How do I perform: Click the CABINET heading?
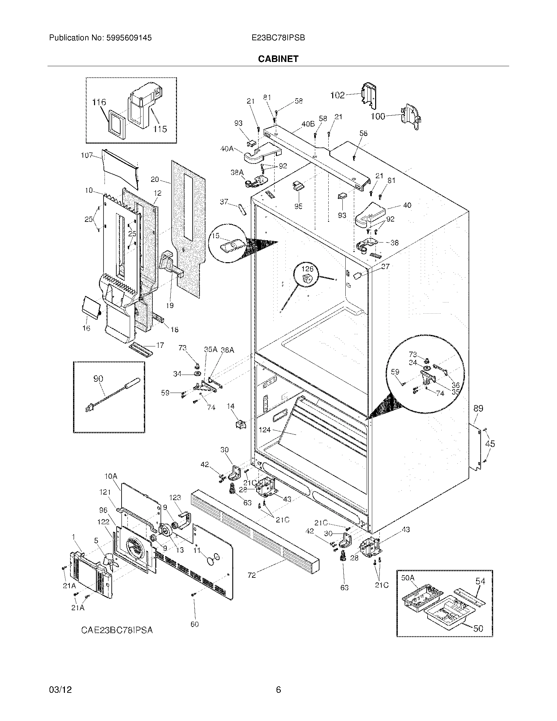278,59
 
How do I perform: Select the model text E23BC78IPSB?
278,38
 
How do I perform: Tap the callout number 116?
99,102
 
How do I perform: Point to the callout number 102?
337,95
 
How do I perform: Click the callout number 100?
378,116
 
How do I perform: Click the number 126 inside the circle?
307,269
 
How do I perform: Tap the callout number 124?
265,430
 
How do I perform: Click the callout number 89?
478,409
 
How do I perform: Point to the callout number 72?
252,575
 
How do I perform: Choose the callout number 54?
480,581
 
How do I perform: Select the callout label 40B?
308,124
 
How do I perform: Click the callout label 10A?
111,477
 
